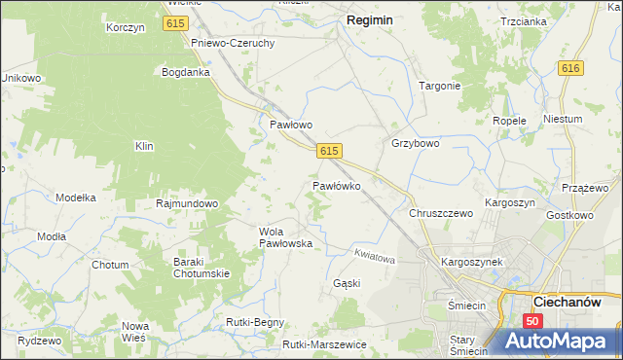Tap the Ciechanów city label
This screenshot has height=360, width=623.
click(x=572, y=302)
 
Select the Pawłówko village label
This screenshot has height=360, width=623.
click(x=337, y=185)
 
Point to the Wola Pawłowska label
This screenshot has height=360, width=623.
click(x=285, y=237)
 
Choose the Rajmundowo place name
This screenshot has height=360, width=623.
click(x=187, y=204)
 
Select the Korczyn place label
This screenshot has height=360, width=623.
click(x=126, y=28)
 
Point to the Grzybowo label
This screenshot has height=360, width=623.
click(x=416, y=143)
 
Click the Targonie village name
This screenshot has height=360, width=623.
click(x=439, y=86)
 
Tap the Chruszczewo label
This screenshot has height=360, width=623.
click(x=441, y=212)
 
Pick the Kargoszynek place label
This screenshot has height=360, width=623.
click(x=471, y=263)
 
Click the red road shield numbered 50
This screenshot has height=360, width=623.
click(x=531, y=321)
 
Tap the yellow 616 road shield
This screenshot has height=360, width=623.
click(x=570, y=67)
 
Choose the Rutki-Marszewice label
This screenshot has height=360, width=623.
click(x=324, y=344)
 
